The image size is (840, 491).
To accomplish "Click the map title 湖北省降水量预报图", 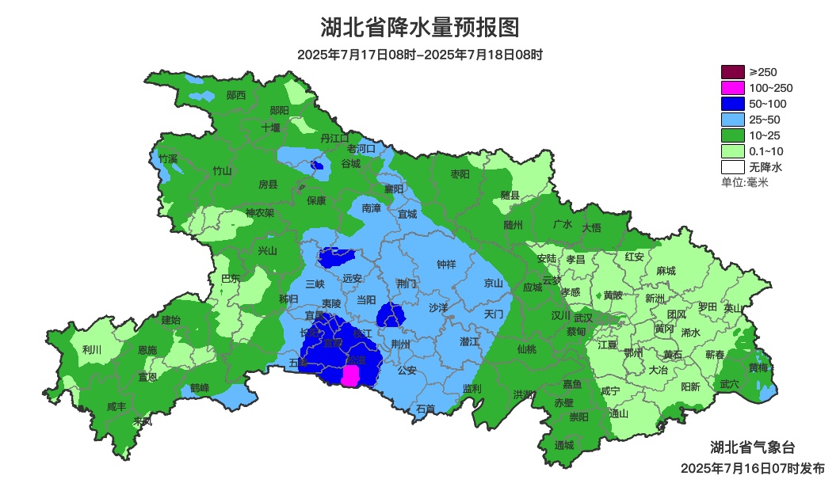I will click(419, 28).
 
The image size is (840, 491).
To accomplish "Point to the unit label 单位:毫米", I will click(745, 183).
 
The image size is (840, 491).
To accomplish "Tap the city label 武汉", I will click(582, 316).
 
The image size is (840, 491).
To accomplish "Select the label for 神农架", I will click(259, 212).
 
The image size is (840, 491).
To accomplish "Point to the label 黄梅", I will click(758, 367).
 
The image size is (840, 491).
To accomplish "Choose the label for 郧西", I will click(236, 95).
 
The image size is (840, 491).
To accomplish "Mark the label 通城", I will click(564, 444).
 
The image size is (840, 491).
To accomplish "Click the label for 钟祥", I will click(447, 265).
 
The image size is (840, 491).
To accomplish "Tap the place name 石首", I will click(426, 409).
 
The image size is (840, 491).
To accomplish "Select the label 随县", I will click(510, 195).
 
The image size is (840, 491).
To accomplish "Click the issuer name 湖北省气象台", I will click(752, 447).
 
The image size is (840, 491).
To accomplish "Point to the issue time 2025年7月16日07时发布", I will click(752, 468).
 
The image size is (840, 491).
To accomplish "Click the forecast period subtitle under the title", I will click(419, 55).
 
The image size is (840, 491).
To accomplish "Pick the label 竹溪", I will click(168, 158).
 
